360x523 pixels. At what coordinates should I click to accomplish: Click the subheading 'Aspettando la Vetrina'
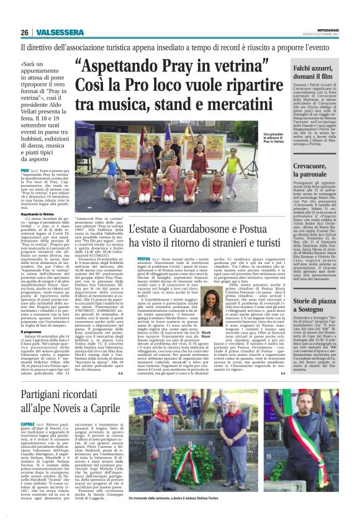[38, 229]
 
